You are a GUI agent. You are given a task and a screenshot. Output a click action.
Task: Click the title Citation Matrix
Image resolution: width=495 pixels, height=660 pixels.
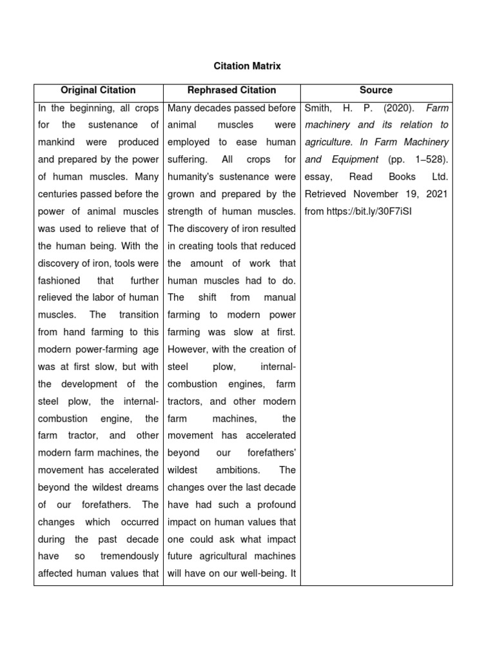coord(247,66)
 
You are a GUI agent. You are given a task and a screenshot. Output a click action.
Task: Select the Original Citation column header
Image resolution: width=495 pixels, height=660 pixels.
coord(98,90)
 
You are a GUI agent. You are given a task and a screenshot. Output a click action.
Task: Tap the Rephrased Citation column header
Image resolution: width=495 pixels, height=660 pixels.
coord(231,90)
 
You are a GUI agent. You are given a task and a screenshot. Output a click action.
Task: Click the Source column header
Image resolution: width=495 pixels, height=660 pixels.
coord(376,90)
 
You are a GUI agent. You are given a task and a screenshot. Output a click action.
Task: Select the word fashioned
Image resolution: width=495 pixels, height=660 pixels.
coord(59,280)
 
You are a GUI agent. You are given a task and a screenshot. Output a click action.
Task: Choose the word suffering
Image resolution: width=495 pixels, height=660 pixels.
coord(186,159)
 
